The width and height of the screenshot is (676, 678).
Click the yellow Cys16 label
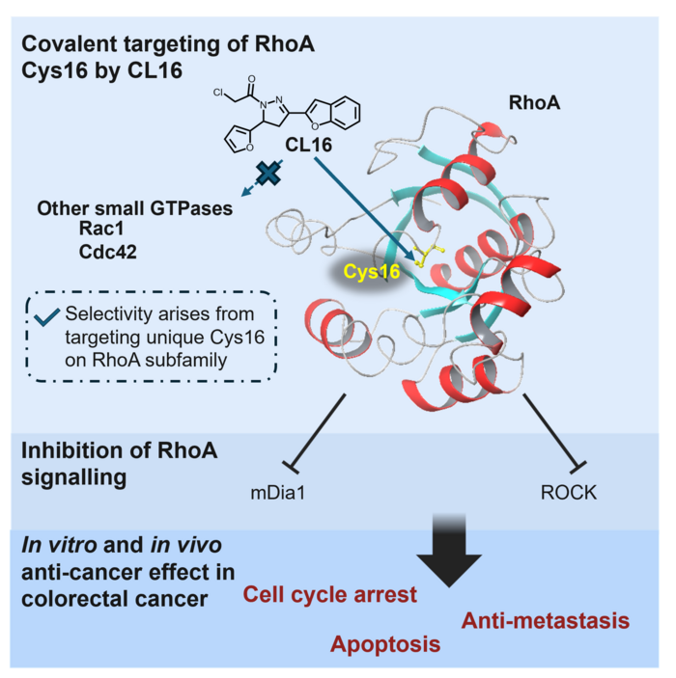click(x=372, y=274)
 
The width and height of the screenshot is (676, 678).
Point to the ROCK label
click(x=571, y=493)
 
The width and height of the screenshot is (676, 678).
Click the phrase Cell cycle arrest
click(x=330, y=594)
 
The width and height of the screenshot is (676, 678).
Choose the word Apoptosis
click(x=385, y=644)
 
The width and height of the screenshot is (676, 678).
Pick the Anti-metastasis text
click(x=546, y=620)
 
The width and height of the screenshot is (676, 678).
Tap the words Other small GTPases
click(x=134, y=207)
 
